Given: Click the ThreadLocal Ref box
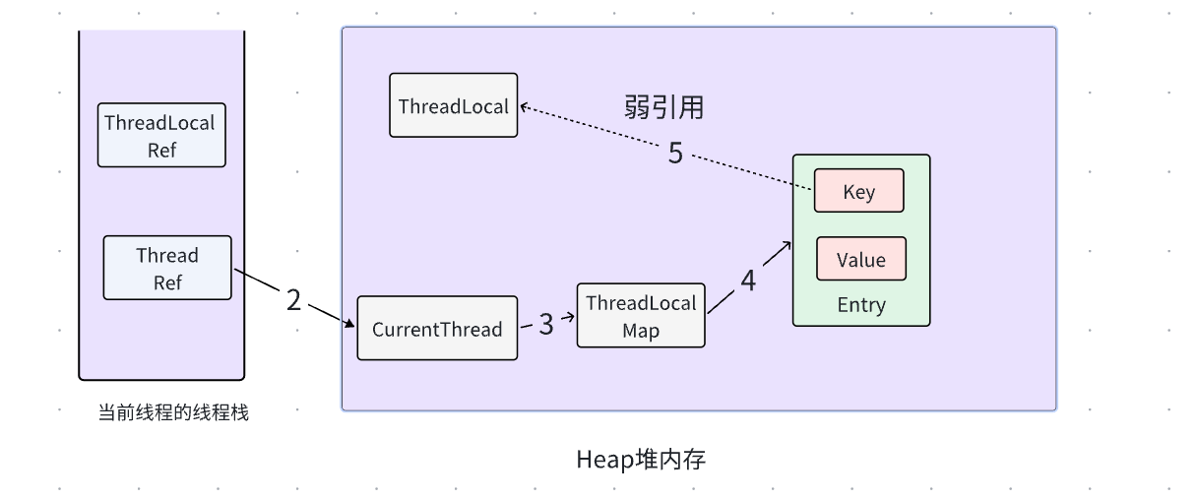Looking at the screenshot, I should [161, 135].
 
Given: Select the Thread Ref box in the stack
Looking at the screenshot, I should [167, 268].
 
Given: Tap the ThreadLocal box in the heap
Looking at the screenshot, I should [454, 105].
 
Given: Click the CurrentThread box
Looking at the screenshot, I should [437, 329].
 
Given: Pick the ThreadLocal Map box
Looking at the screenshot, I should [641, 316].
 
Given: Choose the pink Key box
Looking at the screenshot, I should [858, 192].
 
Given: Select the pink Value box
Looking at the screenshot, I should [860, 260].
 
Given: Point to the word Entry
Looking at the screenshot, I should [861, 305].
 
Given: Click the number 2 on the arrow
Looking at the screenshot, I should [293, 300].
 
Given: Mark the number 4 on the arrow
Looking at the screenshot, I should [748, 281].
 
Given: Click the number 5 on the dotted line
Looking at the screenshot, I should [675, 154].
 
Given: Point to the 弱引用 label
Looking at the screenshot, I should [664, 107].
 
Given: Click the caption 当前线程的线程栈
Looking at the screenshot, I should [173, 413].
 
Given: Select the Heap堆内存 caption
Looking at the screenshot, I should [641, 460].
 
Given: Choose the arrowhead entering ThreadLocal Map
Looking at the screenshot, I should [571, 317].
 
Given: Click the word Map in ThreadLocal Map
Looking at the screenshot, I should [641, 331].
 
